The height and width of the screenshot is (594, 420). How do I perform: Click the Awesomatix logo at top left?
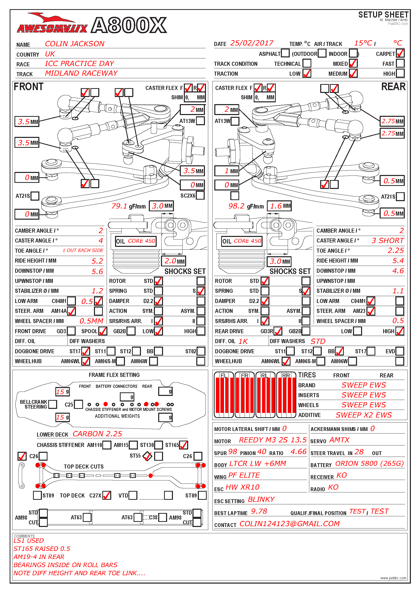pos(52,25)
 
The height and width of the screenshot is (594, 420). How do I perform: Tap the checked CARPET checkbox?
pos(400,53)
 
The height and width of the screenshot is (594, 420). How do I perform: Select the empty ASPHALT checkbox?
pos(285,53)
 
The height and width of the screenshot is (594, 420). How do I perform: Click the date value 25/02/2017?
pos(252,43)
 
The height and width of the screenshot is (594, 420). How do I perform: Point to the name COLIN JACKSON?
pos(74,44)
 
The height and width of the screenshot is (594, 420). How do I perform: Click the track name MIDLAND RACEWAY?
pos(81,73)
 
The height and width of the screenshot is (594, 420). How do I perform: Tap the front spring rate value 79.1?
pos(119,206)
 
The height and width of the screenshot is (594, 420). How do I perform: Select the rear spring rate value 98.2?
pos(236,206)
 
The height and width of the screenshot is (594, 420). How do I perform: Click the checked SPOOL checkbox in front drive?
pos(103,331)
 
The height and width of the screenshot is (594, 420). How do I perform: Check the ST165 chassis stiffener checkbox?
pos(184,445)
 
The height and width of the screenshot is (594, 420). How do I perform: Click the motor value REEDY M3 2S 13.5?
pos(272,440)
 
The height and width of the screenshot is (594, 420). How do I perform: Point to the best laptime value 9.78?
pos(259,511)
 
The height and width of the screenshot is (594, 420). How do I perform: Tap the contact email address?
pos(289,524)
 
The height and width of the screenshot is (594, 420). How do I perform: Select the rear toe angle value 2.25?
pos(396,250)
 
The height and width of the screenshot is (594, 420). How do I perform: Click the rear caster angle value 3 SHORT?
pos(387,240)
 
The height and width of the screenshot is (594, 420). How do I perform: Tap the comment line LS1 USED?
pos(29,541)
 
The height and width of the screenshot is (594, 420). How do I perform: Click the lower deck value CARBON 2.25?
pos(97,434)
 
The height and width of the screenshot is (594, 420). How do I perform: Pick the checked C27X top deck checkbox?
pos(107,495)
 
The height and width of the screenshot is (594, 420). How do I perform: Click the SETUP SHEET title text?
pos(383,15)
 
